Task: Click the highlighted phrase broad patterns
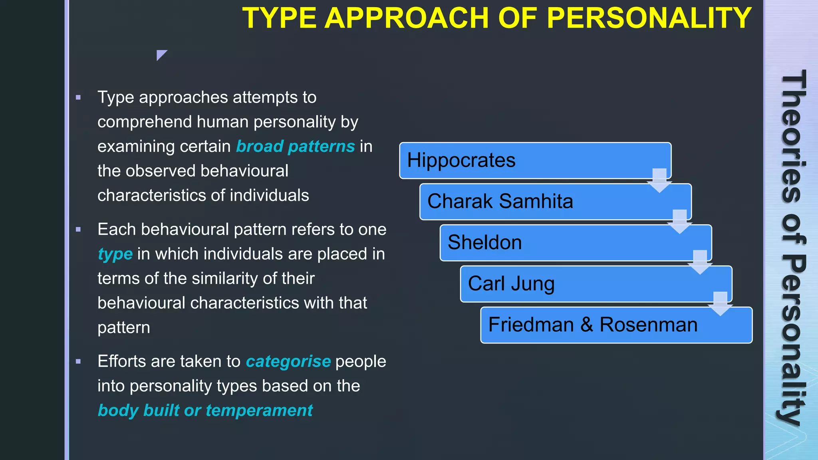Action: [x=295, y=146]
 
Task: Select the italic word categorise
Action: [x=288, y=361]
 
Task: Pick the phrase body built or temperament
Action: [x=205, y=410]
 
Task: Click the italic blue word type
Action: [x=115, y=254]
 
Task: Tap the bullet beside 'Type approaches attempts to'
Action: [x=78, y=97]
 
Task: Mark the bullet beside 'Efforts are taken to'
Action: [x=78, y=362]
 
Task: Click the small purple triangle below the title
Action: [x=161, y=54]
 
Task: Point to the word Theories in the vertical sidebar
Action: [x=793, y=136]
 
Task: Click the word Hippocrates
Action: [x=461, y=160]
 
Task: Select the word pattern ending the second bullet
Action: [x=124, y=328]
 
